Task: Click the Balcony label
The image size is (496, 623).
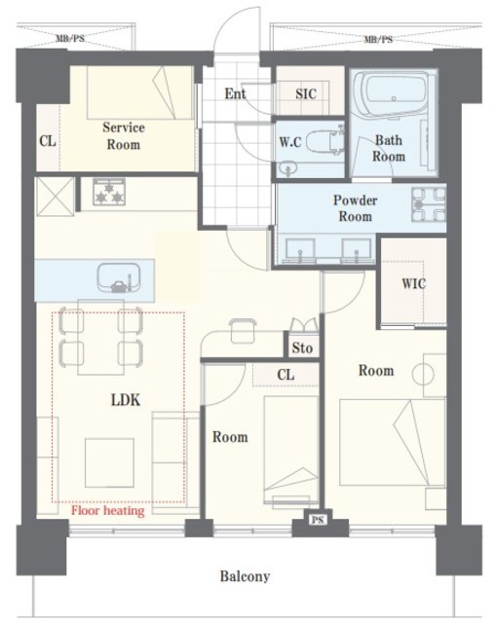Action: [x=245, y=576]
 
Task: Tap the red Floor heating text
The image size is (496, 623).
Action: [x=108, y=510]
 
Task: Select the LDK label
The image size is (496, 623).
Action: [x=126, y=400]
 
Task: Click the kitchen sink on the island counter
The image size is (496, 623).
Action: [x=119, y=277]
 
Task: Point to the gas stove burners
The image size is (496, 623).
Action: [x=109, y=192]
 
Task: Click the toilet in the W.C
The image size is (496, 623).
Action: [x=324, y=141]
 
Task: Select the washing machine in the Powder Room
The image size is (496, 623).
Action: [x=429, y=204]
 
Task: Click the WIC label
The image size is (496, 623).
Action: [x=414, y=283]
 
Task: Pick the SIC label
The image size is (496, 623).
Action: [x=306, y=93]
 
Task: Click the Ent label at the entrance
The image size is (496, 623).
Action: [x=235, y=93]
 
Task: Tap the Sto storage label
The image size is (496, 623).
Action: [x=302, y=348]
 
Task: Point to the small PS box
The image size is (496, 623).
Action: [x=317, y=519]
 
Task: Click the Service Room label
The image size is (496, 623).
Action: [x=124, y=136]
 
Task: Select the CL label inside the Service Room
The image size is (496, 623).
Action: [x=48, y=141]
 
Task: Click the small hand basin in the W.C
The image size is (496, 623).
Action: [x=287, y=168]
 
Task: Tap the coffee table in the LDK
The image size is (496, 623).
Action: [x=109, y=462]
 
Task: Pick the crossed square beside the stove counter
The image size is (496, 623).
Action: [x=55, y=197]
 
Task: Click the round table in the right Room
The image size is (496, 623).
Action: [x=423, y=375]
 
